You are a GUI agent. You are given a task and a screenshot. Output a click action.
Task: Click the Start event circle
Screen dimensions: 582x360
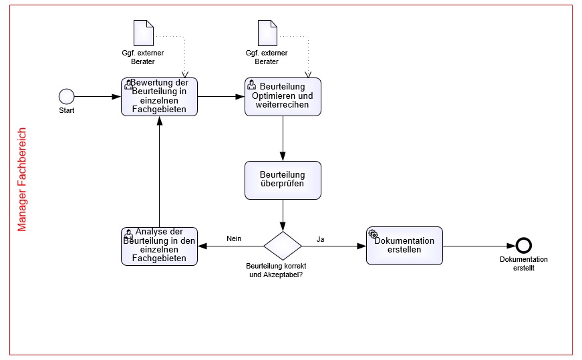click(x=66, y=96)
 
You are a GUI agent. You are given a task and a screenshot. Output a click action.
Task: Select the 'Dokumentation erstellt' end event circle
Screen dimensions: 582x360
click(x=524, y=246)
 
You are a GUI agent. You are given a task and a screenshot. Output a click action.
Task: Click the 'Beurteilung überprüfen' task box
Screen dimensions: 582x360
click(x=283, y=180)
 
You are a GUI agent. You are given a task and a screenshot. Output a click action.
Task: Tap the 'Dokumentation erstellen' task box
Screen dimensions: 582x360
click(x=404, y=246)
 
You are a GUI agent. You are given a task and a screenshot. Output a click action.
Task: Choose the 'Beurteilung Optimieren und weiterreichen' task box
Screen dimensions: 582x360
click(x=283, y=97)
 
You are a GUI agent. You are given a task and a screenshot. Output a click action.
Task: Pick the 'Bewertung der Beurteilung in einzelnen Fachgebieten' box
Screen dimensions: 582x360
click(x=159, y=97)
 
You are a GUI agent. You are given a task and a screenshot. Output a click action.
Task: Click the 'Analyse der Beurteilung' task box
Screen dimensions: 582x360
click(x=159, y=246)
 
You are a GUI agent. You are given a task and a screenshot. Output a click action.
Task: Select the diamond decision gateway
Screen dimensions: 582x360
click(x=283, y=246)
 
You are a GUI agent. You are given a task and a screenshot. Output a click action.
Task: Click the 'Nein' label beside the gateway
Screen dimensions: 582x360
click(x=234, y=238)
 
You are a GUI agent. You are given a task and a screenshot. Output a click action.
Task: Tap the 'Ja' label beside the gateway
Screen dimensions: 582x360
click(x=320, y=239)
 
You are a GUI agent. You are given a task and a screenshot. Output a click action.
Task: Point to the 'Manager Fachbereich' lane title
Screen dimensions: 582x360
click(x=22, y=180)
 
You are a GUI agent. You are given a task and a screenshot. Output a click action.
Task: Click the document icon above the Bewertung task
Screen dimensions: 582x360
click(x=144, y=33)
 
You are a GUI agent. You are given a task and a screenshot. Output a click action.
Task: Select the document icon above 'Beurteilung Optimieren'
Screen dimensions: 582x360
click(x=267, y=33)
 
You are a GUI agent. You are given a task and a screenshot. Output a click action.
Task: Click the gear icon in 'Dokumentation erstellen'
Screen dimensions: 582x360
click(x=373, y=234)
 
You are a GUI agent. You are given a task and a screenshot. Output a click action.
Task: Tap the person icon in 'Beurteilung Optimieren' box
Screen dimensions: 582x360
click(x=251, y=85)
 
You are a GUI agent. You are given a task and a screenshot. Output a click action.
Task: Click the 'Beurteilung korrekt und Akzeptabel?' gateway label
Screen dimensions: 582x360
click(x=276, y=271)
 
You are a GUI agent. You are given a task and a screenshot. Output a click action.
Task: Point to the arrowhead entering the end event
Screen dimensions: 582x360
click(x=511, y=246)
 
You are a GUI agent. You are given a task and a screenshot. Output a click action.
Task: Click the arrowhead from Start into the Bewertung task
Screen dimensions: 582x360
click(x=116, y=96)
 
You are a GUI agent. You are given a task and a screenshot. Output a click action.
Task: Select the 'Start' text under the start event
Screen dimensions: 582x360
click(x=66, y=110)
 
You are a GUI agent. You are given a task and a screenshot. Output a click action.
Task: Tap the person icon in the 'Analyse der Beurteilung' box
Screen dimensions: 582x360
click(x=128, y=234)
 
